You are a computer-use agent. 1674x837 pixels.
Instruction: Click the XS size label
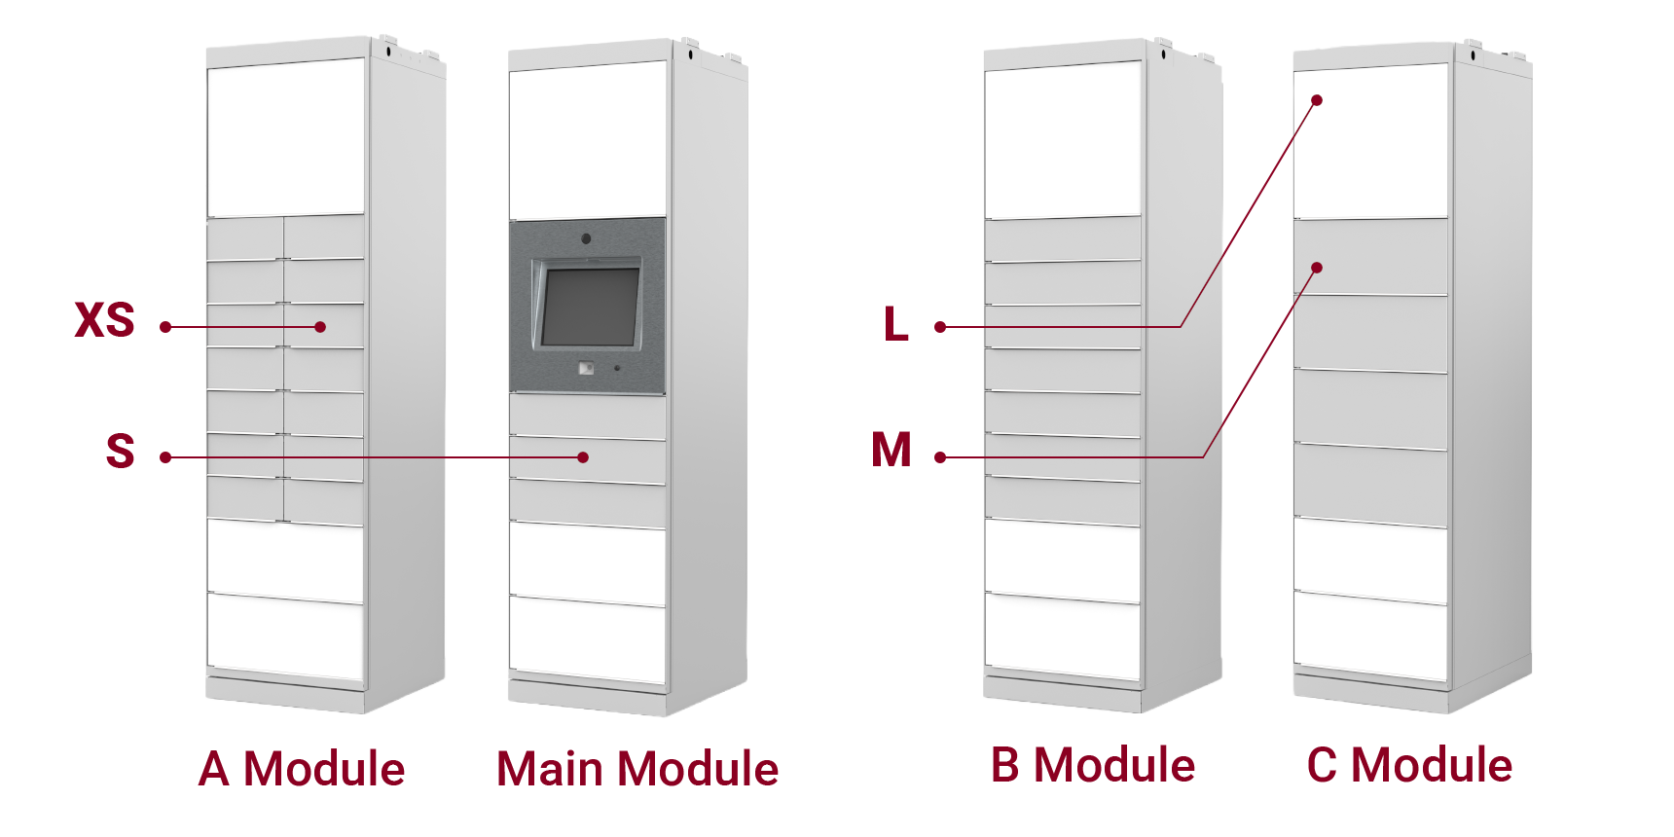click(x=105, y=319)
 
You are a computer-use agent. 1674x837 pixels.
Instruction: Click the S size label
click(x=121, y=451)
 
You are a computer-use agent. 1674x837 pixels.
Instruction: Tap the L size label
click(x=896, y=323)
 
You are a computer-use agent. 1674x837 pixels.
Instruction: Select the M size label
click(x=892, y=451)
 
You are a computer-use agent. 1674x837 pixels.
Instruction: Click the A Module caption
click(x=301, y=768)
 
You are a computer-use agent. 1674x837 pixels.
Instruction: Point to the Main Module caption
click(x=637, y=768)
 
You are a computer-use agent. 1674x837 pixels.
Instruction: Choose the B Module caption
click(x=1093, y=765)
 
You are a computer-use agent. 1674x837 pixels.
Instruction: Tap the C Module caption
click(x=1409, y=765)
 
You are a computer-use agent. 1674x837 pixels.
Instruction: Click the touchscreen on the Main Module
click(x=589, y=307)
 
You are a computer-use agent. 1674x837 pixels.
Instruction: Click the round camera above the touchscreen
click(x=586, y=238)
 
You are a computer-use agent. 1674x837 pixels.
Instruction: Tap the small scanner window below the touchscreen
click(x=586, y=368)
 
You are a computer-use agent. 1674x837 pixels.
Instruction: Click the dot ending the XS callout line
click(x=320, y=327)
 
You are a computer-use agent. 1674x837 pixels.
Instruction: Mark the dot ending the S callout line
click(x=583, y=457)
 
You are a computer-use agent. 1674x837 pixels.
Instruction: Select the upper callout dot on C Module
click(x=1317, y=100)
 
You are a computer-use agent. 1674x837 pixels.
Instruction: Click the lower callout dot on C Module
click(x=1317, y=268)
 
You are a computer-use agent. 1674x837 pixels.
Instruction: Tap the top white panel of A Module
click(x=285, y=136)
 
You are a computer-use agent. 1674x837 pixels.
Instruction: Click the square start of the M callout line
click(x=939, y=457)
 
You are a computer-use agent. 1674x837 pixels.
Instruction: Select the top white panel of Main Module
click(x=587, y=139)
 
